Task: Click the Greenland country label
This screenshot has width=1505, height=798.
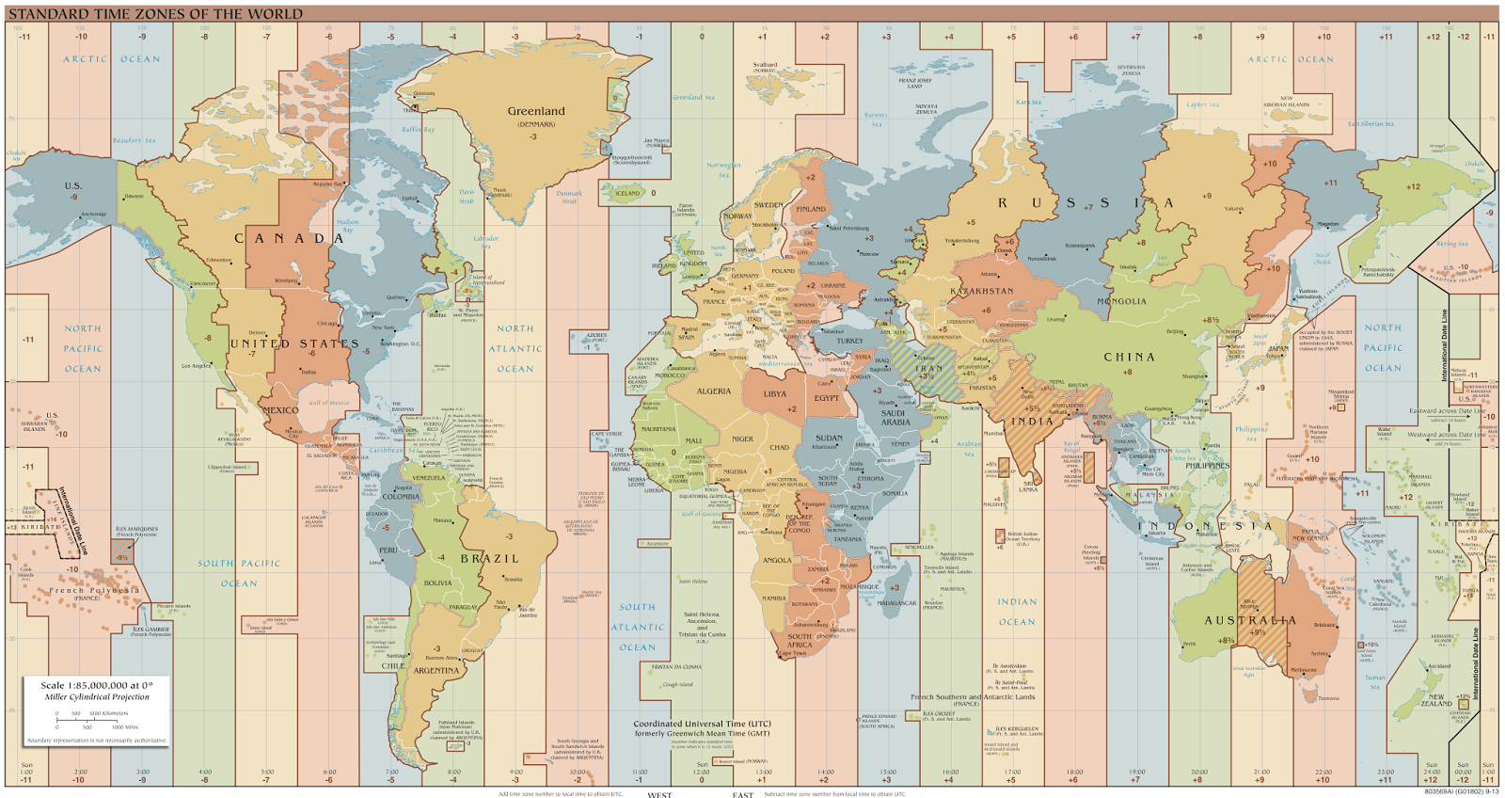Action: tap(536, 111)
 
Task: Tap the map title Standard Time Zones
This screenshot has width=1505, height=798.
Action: tap(156, 14)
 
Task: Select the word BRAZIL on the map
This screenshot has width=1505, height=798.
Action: tap(489, 559)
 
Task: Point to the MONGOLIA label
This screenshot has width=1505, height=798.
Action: tap(1121, 301)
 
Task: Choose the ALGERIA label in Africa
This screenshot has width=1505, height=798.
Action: tap(713, 391)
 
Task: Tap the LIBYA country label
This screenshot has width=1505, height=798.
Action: tap(774, 394)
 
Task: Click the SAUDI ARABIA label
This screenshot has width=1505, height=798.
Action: tap(895, 417)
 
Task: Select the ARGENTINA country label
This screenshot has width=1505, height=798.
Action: tap(436, 671)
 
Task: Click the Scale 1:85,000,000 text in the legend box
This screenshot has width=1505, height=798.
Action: tap(96, 686)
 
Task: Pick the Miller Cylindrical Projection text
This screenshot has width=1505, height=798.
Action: tap(96, 697)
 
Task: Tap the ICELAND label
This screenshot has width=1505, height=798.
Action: tap(627, 193)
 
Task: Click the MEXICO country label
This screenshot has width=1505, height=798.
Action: tap(280, 410)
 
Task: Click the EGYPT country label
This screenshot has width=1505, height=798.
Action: tap(827, 398)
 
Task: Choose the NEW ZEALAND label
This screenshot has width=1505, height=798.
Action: tap(1436, 700)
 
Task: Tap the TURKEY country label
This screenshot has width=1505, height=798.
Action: tap(849, 341)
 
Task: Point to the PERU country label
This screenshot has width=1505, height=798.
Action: tap(388, 551)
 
